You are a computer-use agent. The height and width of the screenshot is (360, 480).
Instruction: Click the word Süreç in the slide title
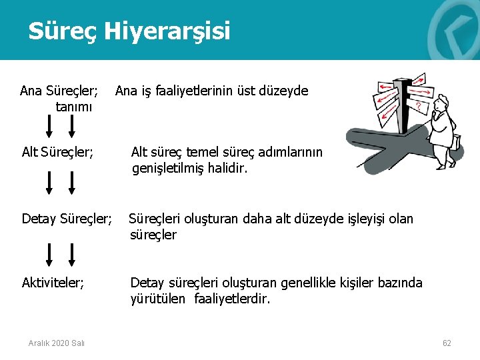[x=65, y=31]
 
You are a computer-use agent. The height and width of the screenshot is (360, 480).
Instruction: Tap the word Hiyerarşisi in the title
[x=169, y=31]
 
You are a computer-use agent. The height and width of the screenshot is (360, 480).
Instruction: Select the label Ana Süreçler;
[x=59, y=90]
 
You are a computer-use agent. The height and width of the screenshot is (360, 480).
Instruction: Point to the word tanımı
[x=73, y=106]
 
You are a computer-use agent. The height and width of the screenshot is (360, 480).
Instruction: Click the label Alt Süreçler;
[x=57, y=153]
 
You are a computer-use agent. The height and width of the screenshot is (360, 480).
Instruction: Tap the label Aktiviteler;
[x=53, y=283]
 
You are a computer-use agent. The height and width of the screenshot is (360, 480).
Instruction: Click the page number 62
[x=447, y=343]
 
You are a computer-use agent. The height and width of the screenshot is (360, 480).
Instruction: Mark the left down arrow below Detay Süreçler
[x=49, y=254]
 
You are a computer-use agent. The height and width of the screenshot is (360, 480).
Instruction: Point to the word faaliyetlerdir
[x=232, y=299]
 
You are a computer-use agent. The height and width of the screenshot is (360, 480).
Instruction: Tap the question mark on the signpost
[x=417, y=106]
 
